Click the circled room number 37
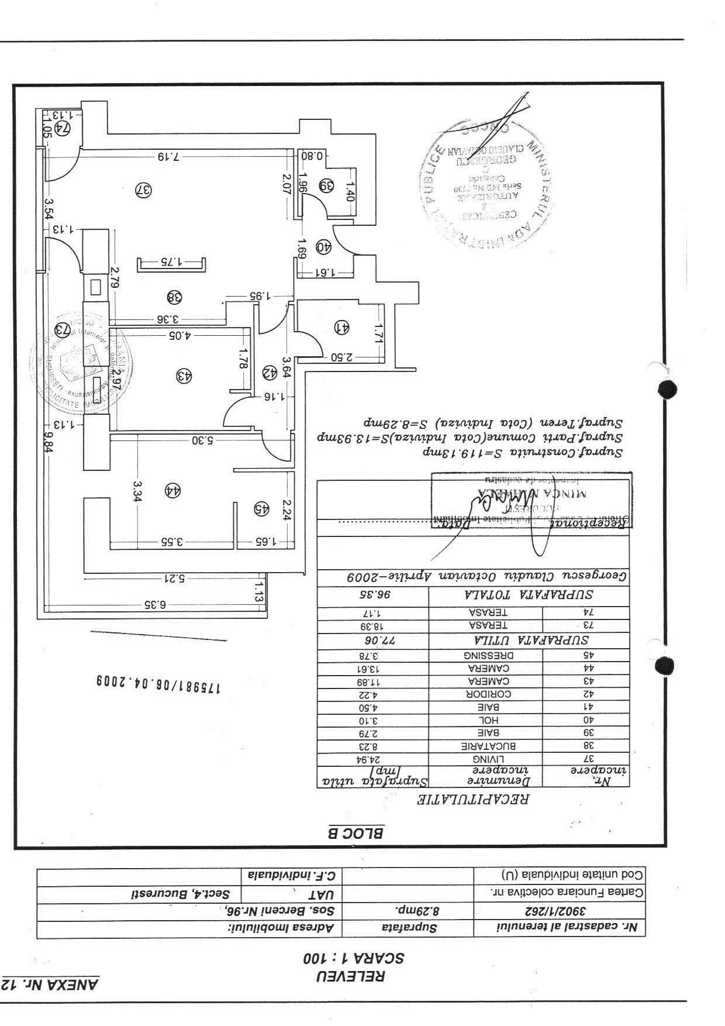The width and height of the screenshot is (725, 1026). coord(144,190)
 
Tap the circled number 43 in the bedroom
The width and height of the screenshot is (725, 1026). coord(184,376)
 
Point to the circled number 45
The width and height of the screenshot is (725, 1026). coord(261,508)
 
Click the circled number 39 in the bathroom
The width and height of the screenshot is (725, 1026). coord(326,185)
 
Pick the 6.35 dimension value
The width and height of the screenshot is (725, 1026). coord(155,604)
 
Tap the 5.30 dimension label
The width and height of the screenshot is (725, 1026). coord(201,440)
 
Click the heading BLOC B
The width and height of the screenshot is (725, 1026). coord(355,833)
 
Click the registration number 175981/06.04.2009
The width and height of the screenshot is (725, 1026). coord(158,683)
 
